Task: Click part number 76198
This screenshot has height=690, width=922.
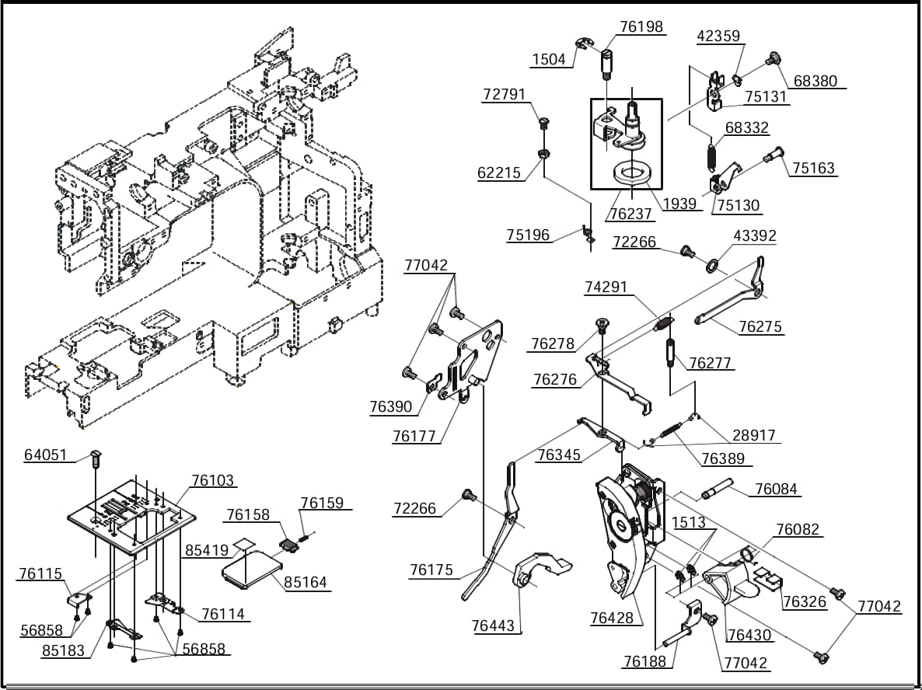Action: coord(641,27)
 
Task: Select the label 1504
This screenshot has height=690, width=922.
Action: coord(549,59)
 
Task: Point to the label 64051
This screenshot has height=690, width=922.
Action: coord(46,455)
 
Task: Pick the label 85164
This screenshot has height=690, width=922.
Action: coord(306,583)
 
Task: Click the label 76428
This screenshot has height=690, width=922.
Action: coord(613,618)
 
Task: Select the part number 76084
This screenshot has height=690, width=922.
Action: coord(777,489)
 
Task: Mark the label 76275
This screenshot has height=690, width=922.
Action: coord(761,327)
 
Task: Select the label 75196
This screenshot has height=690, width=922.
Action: coord(528,235)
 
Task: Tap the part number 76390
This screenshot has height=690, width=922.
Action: coord(392,406)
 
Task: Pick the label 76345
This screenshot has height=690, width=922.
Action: coord(559,455)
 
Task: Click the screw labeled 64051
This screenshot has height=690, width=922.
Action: coord(96,458)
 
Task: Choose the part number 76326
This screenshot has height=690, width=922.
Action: coord(805,601)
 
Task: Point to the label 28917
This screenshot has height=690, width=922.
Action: coord(754,435)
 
